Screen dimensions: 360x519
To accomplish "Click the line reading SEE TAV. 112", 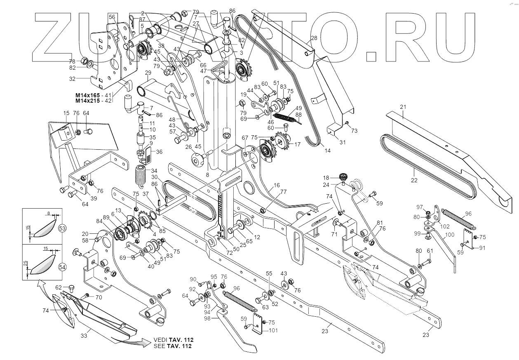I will pyautogui.click(x=172, y=346).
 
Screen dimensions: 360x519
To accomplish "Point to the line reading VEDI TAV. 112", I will pyautogui.click(x=172, y=339).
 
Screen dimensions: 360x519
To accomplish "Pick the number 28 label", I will pyautogui.click(x=314, y=38).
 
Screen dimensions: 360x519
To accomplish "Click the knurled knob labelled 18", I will pyautogui.click(x=343, y=177).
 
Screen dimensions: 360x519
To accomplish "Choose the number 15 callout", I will pyautogui.click(x=66, y=113).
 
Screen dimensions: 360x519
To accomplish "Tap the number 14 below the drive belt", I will pyautogui.click(x=327, y=151).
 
